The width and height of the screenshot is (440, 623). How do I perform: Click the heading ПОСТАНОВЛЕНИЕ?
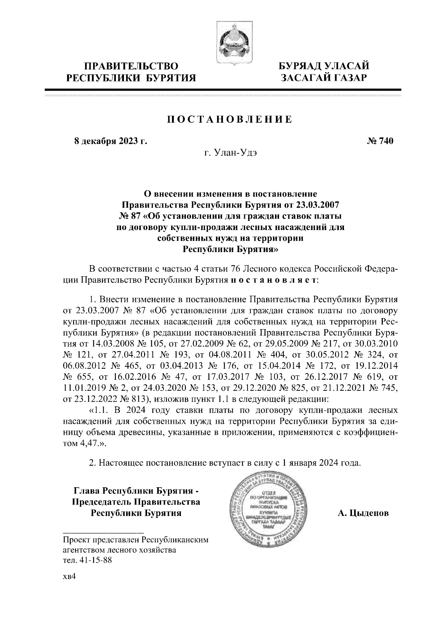coord(230,120)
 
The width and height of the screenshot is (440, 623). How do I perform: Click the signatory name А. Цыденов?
coord(363,513)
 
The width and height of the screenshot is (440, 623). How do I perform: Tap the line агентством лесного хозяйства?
coord(119,550)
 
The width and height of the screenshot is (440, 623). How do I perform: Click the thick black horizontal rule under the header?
coord(223,90)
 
